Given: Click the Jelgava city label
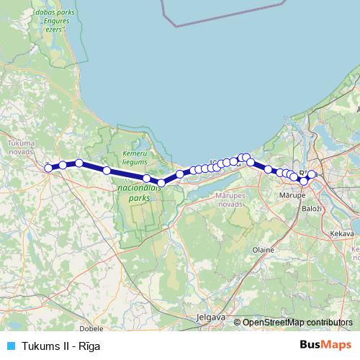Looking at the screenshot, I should pos(211,317).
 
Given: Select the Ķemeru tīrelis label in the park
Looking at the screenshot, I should pos(134,158).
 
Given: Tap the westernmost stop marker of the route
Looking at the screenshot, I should pos(48,168).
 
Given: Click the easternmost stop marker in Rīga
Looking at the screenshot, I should pos(311,174).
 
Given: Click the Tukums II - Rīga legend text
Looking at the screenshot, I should pos(60,346).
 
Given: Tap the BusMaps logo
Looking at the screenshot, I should pos(325,345).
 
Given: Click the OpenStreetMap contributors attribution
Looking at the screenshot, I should pos(297,323).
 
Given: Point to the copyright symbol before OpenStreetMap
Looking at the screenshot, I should pos(238,323).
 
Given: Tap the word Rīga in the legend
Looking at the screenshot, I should pos(89,346).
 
